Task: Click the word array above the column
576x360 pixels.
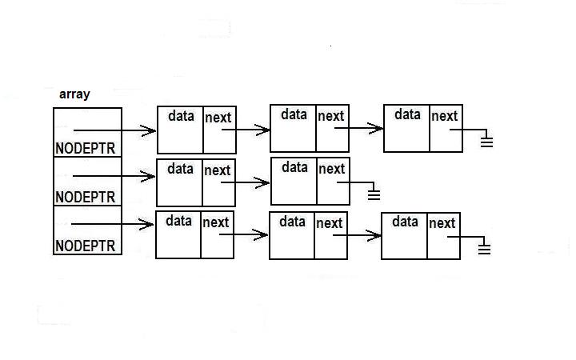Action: (x=74, y=94)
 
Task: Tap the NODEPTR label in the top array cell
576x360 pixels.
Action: (x=86, y=148)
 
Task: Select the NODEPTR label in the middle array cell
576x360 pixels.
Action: (x=86, y=197)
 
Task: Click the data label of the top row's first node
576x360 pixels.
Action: (x=181, y=116)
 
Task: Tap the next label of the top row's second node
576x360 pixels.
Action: (x=331, y=117)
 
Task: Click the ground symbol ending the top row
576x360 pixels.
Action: (x=486, y=142)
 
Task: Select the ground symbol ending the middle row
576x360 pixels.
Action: (x=373, y=194)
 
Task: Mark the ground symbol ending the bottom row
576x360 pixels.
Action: (x=483, y=249)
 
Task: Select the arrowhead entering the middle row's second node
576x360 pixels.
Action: (x=265, y=183)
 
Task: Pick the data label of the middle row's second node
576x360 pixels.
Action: (x=294, y=168)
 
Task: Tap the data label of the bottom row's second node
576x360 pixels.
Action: (x=292, y=222)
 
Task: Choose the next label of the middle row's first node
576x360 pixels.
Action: (x=217, y=170)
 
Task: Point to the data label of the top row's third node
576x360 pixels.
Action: (x=407, y=115)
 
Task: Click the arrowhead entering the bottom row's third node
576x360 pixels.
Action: (x=375, y=235)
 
